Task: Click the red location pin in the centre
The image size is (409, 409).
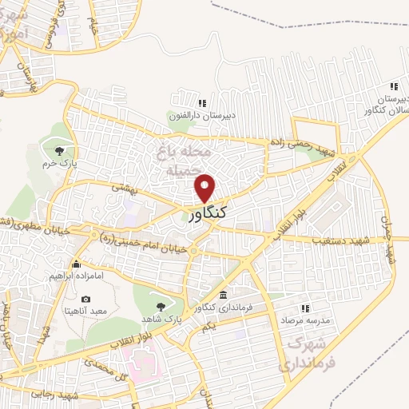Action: point(205,186)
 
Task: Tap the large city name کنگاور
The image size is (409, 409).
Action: point(209,213)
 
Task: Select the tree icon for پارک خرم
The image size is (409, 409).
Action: point(58,149)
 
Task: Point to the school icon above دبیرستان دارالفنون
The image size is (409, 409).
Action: point(202,103)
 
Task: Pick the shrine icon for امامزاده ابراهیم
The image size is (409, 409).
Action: point(77,264)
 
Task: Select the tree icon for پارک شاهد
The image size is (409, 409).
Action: point(162,306)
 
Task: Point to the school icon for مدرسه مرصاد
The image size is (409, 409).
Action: point(304,308)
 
